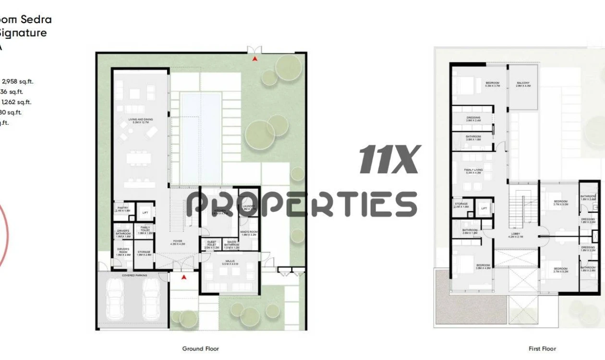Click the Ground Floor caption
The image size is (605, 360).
click(200, 348)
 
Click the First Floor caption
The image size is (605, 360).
click(542, 348)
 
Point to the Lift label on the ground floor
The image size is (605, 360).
click(145, 213)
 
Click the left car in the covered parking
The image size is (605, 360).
click(115, 300)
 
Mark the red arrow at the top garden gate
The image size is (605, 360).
click(255, 59)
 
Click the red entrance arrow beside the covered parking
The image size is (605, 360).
click(183, 277)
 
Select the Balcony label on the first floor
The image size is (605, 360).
click(523, 84)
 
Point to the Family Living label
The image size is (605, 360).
click(473, 171)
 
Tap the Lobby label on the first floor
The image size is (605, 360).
click(516, 236)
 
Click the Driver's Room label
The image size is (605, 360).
click(123, 252)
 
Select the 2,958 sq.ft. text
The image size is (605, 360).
click(18, 82)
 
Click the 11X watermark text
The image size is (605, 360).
click(389, 160)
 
